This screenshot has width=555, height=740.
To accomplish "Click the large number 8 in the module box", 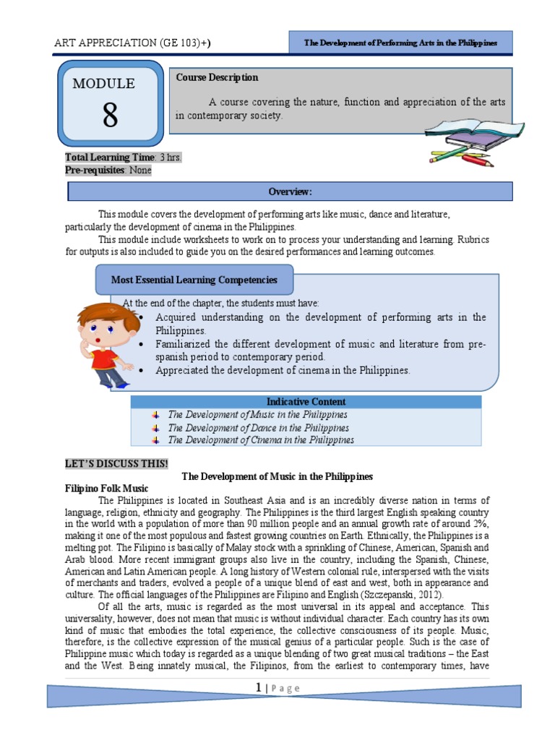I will (x=109, y=115).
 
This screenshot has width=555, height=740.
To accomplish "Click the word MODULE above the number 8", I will (x=103, y=84).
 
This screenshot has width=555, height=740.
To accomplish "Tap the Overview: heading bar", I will (x=290, y=192).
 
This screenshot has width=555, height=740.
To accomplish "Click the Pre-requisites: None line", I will (x=108, y=171).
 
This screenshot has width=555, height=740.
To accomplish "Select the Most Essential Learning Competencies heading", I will (x=193, y=280).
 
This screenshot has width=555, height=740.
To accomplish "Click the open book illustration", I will (x=462, y=133).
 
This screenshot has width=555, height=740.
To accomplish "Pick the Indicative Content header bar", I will (x=306, y=402).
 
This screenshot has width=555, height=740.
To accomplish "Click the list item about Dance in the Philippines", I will (x=258, y=428).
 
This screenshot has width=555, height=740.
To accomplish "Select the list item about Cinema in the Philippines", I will (x=261, y=440).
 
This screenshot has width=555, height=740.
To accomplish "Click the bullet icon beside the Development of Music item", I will (x=155, y=415).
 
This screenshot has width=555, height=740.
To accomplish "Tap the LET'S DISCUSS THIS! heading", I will (x=116, y=463).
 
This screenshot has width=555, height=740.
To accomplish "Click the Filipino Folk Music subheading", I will (x=101, y=489).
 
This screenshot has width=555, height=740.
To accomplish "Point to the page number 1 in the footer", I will (x=258, y=689).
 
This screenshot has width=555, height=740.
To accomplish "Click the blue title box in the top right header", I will (x=400, y=43).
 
